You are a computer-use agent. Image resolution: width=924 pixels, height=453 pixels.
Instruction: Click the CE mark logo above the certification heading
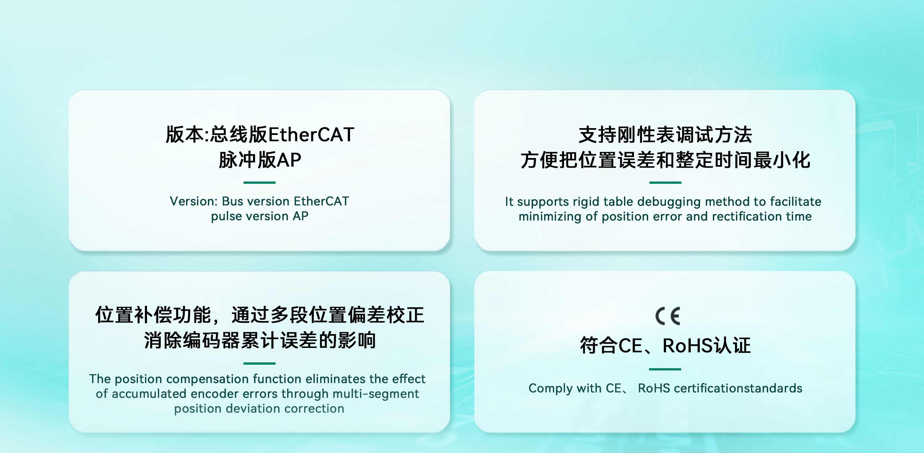pyautogui.click(x=668, y=316)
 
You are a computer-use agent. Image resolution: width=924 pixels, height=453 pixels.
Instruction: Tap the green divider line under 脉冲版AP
pyautogui.click(x=259, y=182)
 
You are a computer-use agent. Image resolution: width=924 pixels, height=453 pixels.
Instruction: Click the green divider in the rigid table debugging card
pyautogui.click(x=665, y=182)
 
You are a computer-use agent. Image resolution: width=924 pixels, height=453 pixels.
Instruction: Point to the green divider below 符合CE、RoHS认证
pyautogui.click(x=665, y=369)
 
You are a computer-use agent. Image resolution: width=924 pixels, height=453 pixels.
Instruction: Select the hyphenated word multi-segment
pyautogui.click(x=376, y=394)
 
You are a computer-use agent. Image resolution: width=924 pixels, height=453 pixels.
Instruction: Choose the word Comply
pyautogui.click(x=551, y=388)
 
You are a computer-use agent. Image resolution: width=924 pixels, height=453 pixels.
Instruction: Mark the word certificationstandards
pyautogui.click(x=738, y=388)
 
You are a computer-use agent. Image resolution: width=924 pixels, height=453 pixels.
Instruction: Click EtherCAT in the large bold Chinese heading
pyautogui.click(x=311, y=135)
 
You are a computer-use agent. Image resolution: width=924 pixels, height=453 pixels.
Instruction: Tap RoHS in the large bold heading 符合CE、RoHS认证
pyautogui.click(x=687, y=346)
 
